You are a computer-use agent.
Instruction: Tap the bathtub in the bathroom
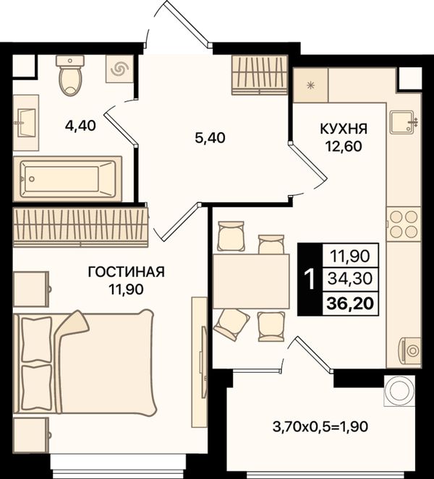click(x=67, y=179)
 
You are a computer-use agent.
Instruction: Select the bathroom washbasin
click(x=26, y=123)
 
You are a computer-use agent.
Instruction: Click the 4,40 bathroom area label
click(x=80, y=126)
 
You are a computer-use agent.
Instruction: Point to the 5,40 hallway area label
click(x=210, y=138)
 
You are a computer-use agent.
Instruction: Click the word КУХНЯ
click(x=344, y=129)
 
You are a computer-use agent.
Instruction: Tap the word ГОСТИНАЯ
click(x=127, y=272)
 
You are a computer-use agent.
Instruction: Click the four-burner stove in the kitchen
click(x=404, y=224)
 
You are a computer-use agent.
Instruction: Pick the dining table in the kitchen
click(x=251, y=281)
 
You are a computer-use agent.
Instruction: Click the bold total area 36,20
click(x=350, y=303)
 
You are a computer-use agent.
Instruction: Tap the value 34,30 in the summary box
click(x=350, y=279)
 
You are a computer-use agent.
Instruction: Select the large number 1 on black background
click(x=310, y=279)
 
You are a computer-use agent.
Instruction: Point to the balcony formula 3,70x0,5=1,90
click(x=320, y=427)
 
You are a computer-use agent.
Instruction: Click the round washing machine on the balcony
click(x=399, y=391)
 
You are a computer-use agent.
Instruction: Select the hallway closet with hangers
click(x=260, y=75)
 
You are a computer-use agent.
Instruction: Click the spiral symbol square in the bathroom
click(x=119, y=69)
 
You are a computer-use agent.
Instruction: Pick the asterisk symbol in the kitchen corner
click(x=311, y=86)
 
